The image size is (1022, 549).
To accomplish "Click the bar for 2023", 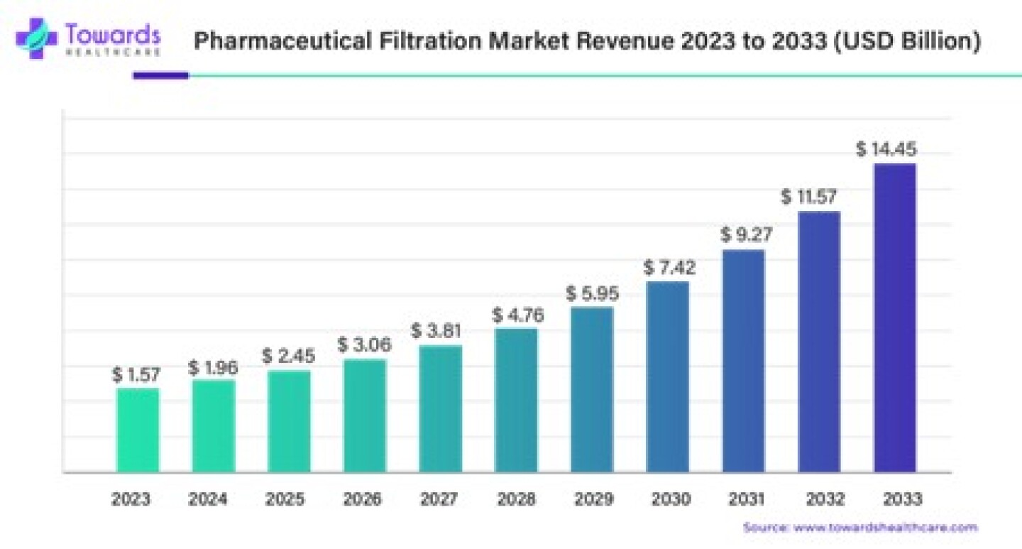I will [x=138, y=430].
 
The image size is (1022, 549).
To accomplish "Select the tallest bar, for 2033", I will [x=894, y=317].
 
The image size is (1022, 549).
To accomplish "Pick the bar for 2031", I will [x=743, y=360].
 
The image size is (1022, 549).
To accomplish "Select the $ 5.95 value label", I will [x=592, y=293].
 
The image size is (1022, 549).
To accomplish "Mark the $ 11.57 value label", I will [x=811, y=197].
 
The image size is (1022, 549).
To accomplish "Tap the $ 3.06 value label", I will [x=365, y=345].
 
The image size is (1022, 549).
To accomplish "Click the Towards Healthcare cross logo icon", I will [x=36, y=38].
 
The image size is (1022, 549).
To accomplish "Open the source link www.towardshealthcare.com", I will [x=884, y=528].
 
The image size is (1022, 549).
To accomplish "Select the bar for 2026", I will [x=365, y=415].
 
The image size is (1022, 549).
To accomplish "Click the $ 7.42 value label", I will [x=669, y=268].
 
